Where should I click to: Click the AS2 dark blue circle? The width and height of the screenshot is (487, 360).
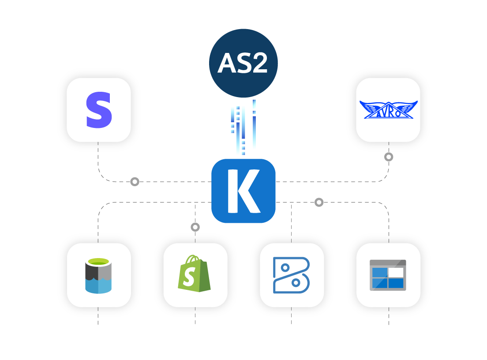243,63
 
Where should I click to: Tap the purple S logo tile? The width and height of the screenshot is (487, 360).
99,110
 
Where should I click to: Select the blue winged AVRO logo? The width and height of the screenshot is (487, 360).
388,110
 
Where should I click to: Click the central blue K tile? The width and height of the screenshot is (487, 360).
243,191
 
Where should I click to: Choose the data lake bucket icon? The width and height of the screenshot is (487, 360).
98,275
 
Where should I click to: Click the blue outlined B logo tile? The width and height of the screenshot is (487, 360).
292,275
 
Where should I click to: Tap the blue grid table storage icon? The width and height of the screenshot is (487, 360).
388,275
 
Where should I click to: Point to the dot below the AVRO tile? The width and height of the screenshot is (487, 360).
389,157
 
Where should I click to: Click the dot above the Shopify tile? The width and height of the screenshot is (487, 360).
195,227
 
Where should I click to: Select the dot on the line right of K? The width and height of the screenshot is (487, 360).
319,202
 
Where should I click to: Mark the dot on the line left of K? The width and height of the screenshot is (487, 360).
135,181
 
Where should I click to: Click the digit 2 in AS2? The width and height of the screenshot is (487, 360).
258,64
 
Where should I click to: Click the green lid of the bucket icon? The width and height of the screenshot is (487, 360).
98,262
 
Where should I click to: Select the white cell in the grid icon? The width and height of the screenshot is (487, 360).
396,272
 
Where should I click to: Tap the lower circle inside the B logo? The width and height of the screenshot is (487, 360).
296,282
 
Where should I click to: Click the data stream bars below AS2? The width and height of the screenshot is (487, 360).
243,128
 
